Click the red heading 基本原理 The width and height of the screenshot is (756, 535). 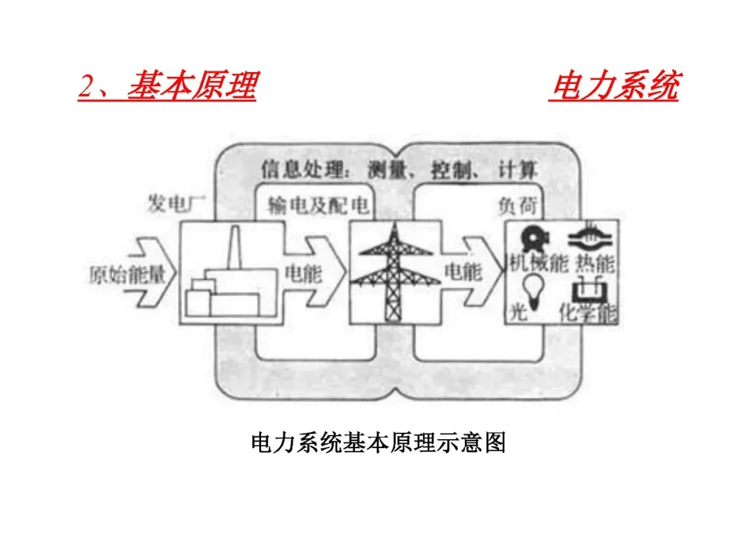point(192,88)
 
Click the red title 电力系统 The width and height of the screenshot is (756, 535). point(614,88)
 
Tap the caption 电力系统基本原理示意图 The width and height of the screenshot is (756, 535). point(378,443)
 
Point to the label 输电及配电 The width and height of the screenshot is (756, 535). point(318,205)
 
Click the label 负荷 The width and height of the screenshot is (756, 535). point(515,205)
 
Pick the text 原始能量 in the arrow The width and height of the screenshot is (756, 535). point(127,274)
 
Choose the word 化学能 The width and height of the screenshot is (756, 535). point(589,313)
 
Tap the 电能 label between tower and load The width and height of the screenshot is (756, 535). point(463,272)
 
